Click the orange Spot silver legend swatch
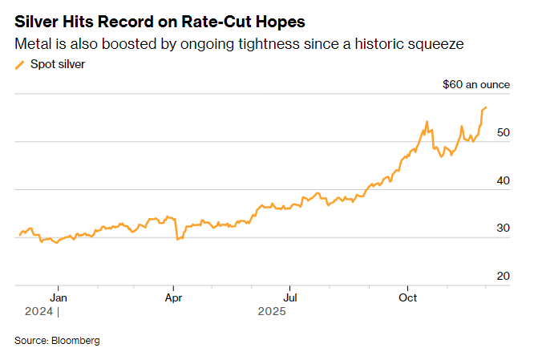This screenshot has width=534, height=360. click(20, 65)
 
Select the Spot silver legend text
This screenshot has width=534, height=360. click(57, 64)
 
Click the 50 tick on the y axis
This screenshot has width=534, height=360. click(503, 132)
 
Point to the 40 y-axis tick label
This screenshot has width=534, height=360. click(503, 180)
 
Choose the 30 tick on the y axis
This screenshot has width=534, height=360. click(503, 228)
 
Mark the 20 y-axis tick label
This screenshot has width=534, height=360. click(503, 276)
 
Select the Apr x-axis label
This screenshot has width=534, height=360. click(173, 297)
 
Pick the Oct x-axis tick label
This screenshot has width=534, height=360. click(408, 297)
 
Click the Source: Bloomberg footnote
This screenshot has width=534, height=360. click(57, 341)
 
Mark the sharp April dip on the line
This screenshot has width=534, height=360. click(177, 238)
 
